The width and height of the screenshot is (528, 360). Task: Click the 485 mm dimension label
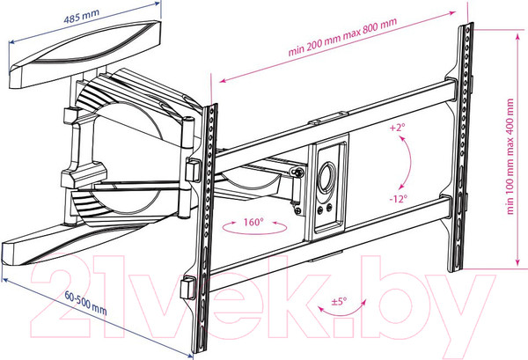(82, 16)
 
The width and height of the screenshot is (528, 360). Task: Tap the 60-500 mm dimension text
(86, 303)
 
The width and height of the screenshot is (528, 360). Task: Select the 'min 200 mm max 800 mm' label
(342, 37)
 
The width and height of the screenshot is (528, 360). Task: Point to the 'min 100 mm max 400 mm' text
(510, 157)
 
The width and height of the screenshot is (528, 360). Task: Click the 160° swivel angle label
(253, 222)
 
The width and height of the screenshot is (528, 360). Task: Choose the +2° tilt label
(398, 128)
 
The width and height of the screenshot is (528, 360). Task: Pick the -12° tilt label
(399, 199)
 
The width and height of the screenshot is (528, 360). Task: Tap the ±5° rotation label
(339, 301)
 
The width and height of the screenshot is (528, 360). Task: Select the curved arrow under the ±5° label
(341, 311)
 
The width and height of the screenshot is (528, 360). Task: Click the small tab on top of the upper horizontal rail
(328, 118)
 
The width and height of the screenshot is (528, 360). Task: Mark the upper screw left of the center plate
(298, 173)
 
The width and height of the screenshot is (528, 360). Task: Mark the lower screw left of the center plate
(298, 211)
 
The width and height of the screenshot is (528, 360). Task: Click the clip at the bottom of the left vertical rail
(187, 287)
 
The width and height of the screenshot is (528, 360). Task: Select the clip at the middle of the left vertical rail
(194, 170)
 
